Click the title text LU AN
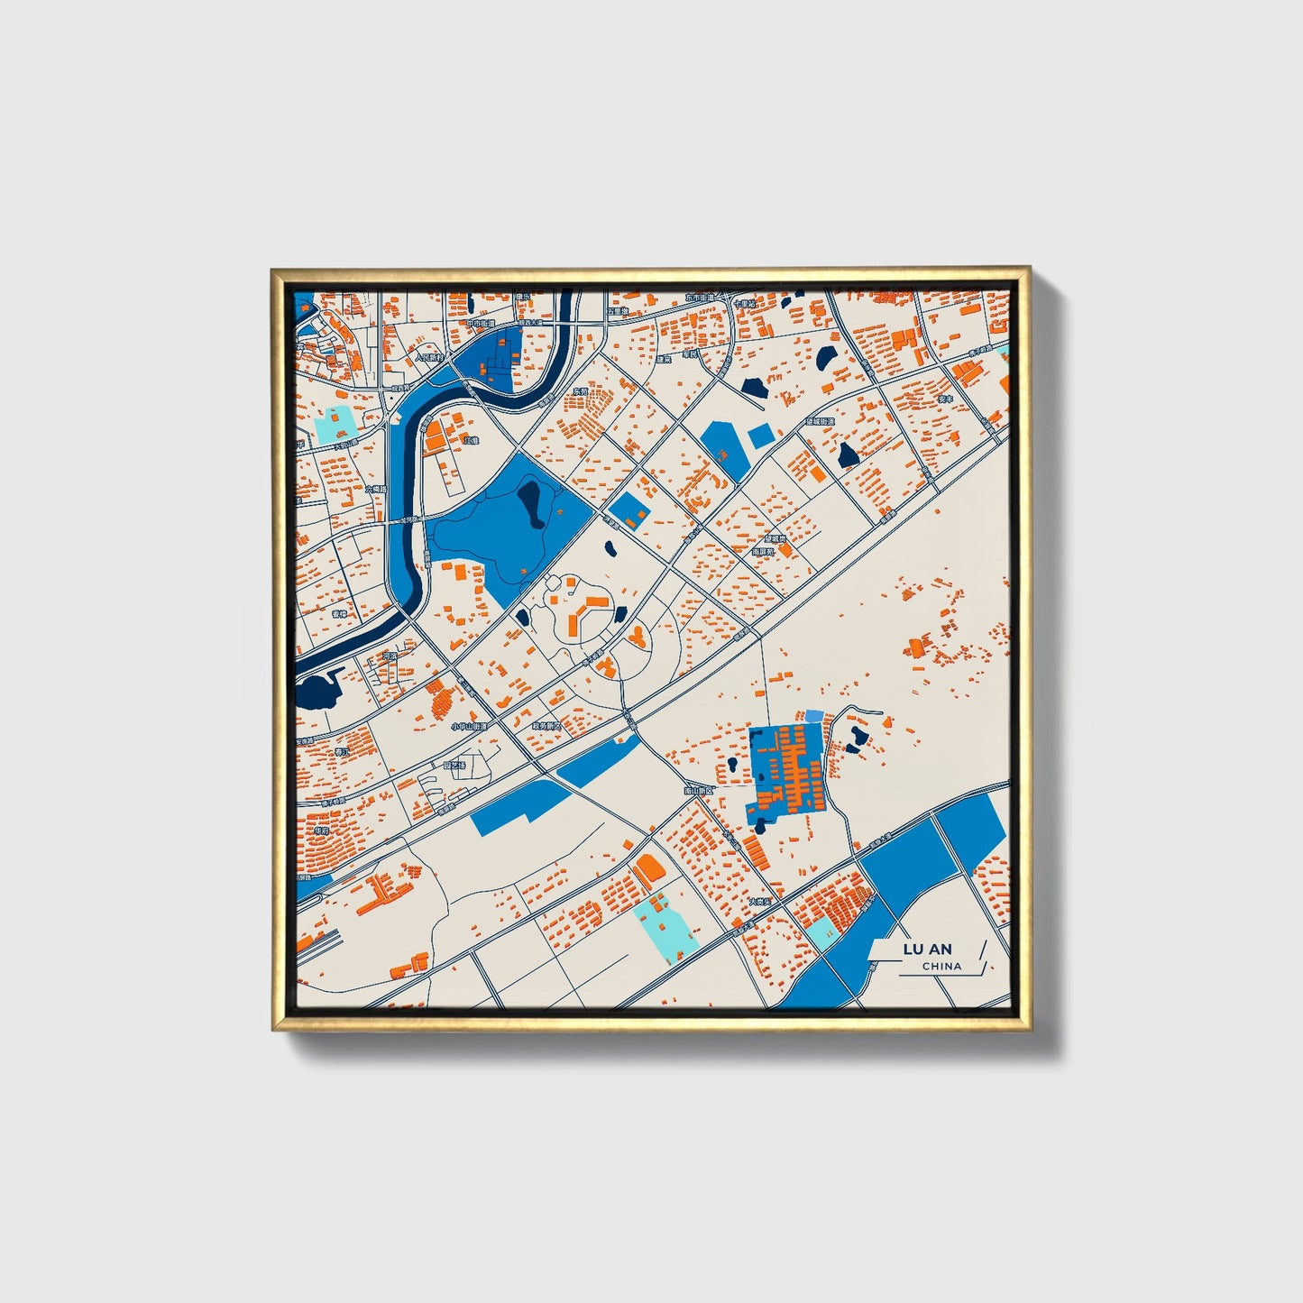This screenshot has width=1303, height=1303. pyautogui.click(x=927, y=949)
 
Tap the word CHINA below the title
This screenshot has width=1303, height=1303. pyautogui.click(x=941, y=966)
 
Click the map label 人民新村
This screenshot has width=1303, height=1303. pyautogui.click(x=431, y=357)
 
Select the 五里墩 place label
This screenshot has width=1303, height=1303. pyautogui.click(x=618, y=311)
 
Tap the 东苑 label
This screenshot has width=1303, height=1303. pyautogui.click(x=580, y=391)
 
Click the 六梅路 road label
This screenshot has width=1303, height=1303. pyautogui.click(x=377, y=489)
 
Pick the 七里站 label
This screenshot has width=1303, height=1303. pyautogui.click(x=744, y=304)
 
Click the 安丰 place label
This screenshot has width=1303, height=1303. pyautogui.click(x=945, y=398)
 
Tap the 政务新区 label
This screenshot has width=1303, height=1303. pyautogui.click(x=546, y=725)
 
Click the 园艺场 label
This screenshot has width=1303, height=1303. pyautogui.click(x=454, y=765)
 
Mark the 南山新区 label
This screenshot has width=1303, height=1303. pyautogui.click(x=698, y=790)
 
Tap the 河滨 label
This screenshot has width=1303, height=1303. pyautogui.click(x=390, y=656)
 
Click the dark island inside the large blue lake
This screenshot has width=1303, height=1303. pyautogui.click(x=530, y=503)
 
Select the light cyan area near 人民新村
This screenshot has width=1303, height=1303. pyautogui.click(x=335, y=424)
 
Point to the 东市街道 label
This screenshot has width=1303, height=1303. pyautogui.click(x=699, y=297)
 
